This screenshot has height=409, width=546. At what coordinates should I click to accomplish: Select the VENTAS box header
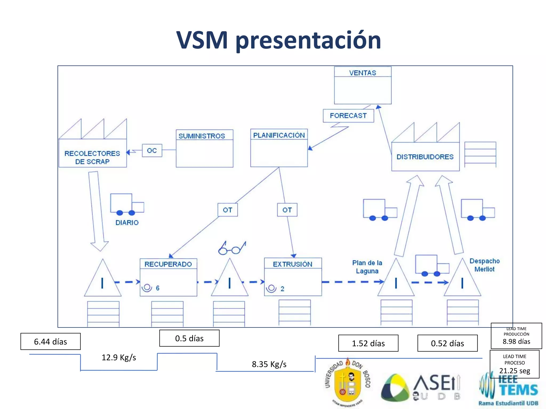[x=363, y=73]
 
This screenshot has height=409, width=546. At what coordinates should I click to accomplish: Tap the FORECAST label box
[x=348, y=116]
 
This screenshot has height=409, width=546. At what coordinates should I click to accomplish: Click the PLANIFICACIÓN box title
[x=279, y=135]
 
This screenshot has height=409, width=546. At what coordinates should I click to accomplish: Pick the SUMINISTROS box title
[x=202, y=136]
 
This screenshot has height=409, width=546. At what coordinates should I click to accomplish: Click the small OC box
[x=152, y=150]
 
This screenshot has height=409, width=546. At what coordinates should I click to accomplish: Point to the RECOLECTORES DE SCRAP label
[x=92, y=157]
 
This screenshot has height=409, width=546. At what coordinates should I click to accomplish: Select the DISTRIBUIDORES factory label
[x=425, y=157]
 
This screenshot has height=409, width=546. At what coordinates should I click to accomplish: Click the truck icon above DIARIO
[x=127, y=204]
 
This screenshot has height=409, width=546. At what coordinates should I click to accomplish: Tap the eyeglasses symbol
[x=232, y=248]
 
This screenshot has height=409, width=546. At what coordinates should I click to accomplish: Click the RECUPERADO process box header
[x=168, y=264]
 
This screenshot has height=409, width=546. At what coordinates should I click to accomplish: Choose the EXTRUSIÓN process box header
[x=292, y=264]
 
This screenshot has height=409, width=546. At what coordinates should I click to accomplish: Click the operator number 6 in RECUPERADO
[x=158, y=288]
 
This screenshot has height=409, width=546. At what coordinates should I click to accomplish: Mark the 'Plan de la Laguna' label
[x=367, y=267]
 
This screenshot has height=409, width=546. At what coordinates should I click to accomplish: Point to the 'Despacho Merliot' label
[x=484, y=265]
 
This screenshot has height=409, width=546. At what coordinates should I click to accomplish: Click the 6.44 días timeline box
[x=50, y=341]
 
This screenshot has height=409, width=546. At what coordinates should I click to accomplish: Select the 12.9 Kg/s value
[x=119, y=357]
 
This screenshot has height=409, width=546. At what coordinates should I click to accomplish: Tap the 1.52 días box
[x=368, y=343]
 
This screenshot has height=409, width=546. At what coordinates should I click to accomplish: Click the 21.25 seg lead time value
[x=515, y=371]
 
